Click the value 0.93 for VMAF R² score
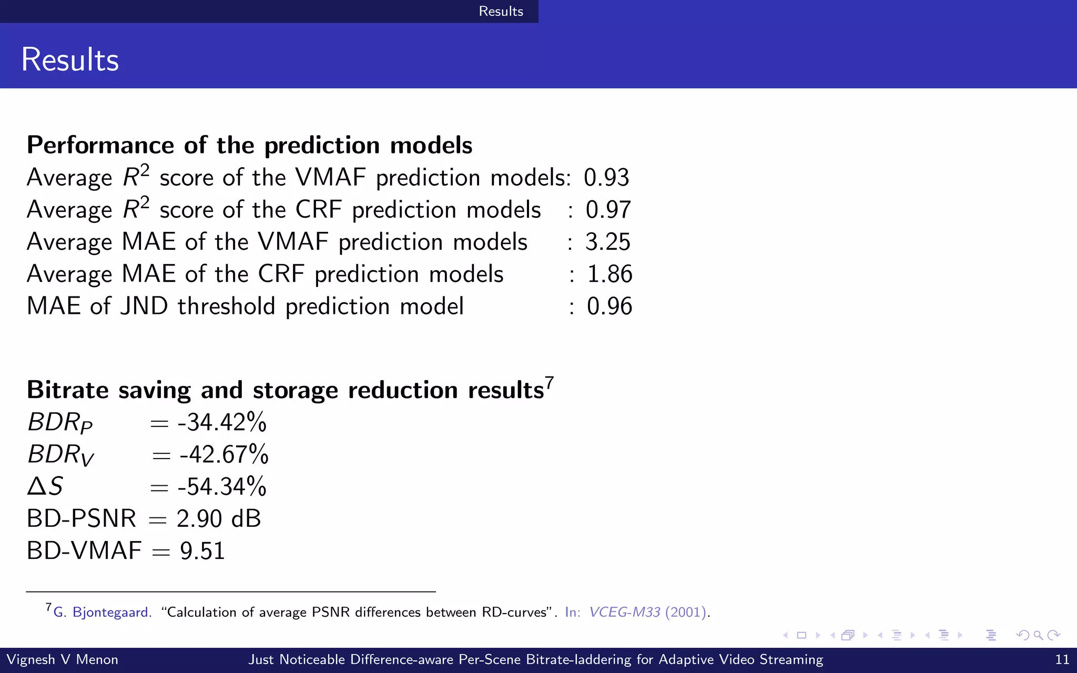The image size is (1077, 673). point(606,178)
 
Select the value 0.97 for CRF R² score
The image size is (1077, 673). point(608,210)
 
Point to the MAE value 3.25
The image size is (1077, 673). point(607,242)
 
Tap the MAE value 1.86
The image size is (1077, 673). point(609,274)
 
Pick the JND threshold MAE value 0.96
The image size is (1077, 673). point(609,306)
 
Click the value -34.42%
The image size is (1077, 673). point(222,422)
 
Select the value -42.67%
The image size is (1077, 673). point(224,454)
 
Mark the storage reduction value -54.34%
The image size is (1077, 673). point(222,486)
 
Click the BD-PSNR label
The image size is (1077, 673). point(82,518)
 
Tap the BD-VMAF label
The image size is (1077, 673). point(84,551)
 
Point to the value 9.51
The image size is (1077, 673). point(202,551)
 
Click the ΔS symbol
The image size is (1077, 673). point(45,486)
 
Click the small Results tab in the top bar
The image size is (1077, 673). point(501,11)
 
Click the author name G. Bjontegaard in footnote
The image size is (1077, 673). point(103,612)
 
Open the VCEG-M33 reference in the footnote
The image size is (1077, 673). point(624,612)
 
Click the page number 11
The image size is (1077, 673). point(1062,659)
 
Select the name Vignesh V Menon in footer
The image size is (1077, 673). point(62,659)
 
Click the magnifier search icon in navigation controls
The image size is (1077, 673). point(1038,635)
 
